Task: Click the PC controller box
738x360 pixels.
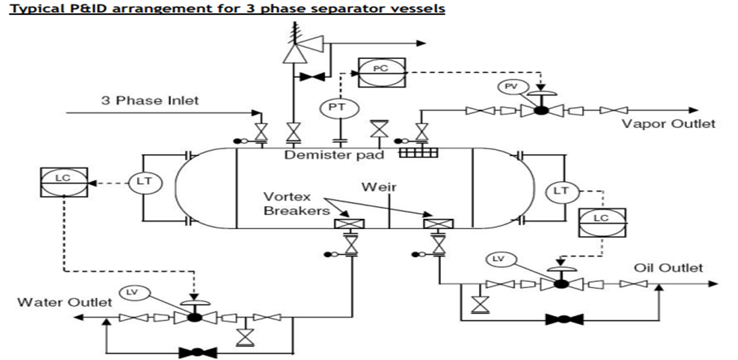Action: (381, 70)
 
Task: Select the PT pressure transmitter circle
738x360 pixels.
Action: (334, 107)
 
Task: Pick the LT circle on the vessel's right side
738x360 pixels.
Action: (561, 192)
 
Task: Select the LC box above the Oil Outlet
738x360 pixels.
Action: (601, 220)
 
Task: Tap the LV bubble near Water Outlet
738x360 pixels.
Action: (134, 292)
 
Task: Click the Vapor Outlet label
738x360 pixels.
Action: (667, 124)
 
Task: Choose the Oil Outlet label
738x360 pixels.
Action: (668, 268)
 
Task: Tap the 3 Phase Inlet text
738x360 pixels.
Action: (151, 100)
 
